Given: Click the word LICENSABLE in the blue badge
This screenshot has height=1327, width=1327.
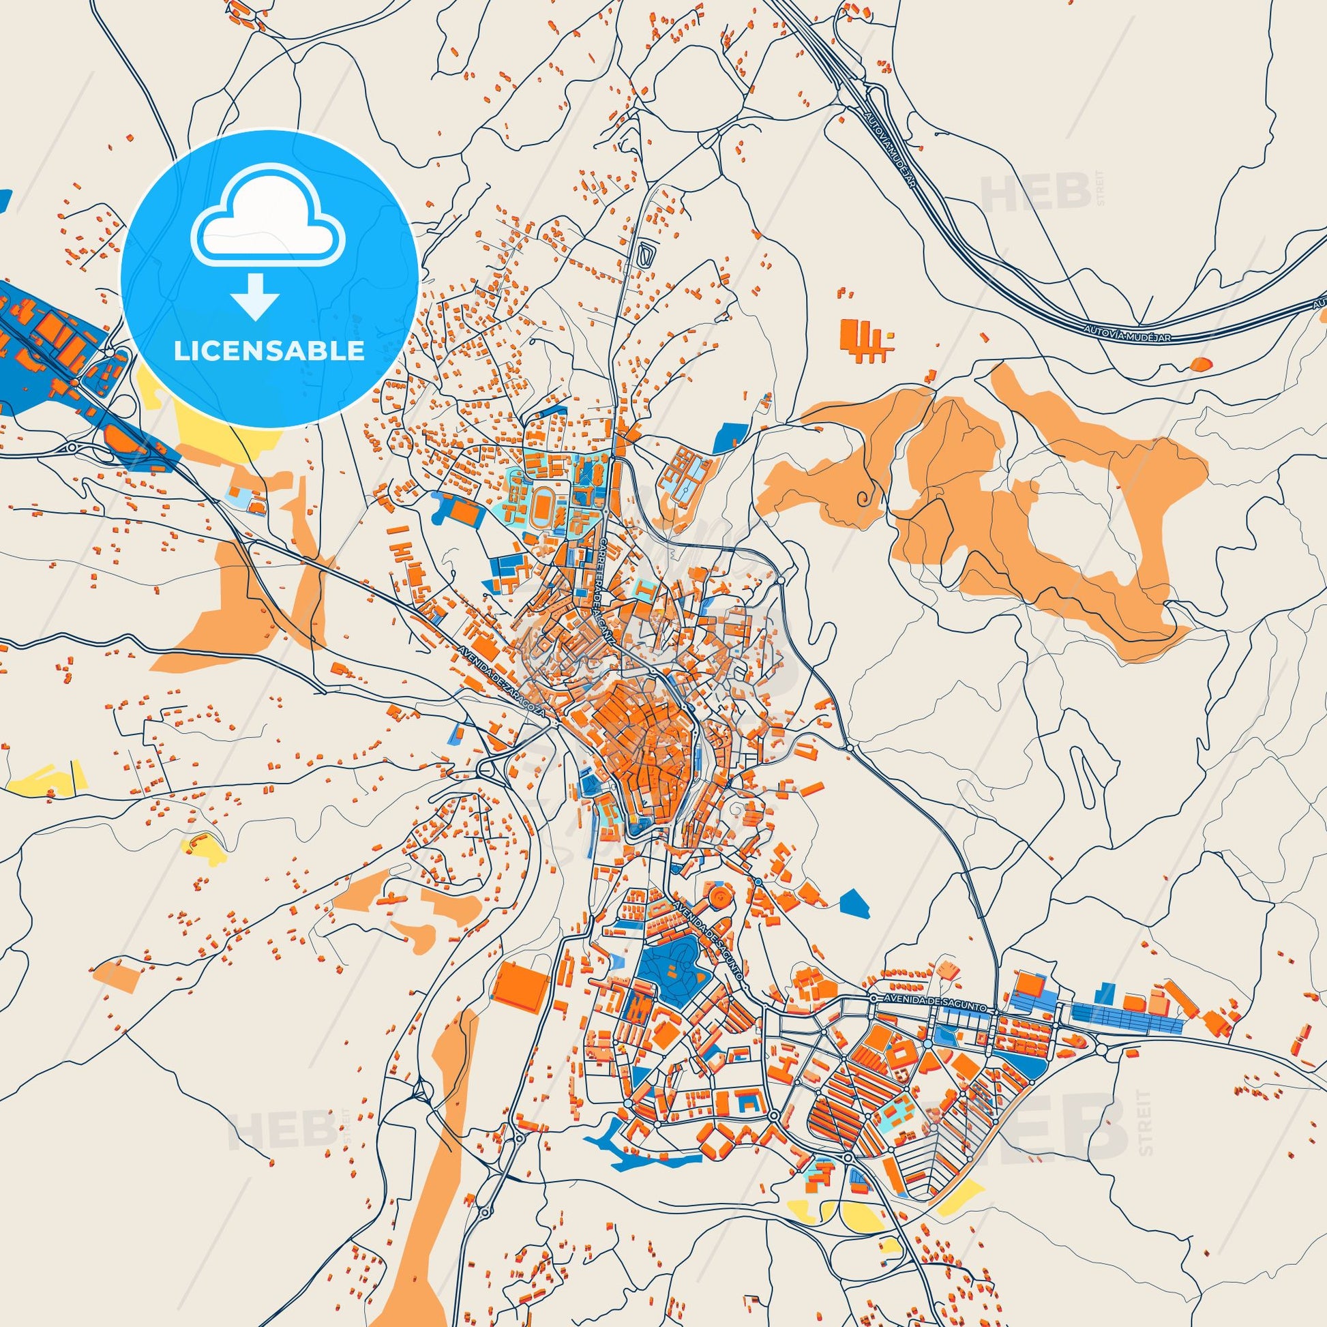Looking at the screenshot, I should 269,351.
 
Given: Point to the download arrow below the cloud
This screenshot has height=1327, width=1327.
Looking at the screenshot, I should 254,295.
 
